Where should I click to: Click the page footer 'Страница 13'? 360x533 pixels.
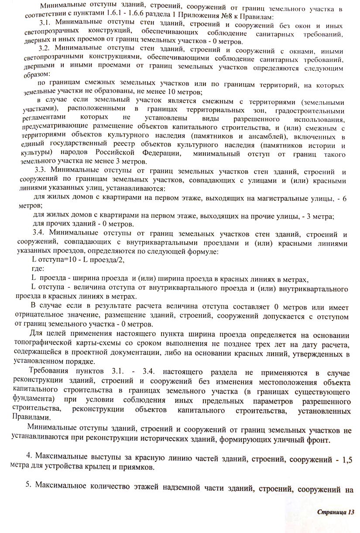(x=335, y=511)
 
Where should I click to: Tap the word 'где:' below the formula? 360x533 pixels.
(x=38, y=269)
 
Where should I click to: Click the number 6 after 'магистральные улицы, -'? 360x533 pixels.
(x=344, y=198)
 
